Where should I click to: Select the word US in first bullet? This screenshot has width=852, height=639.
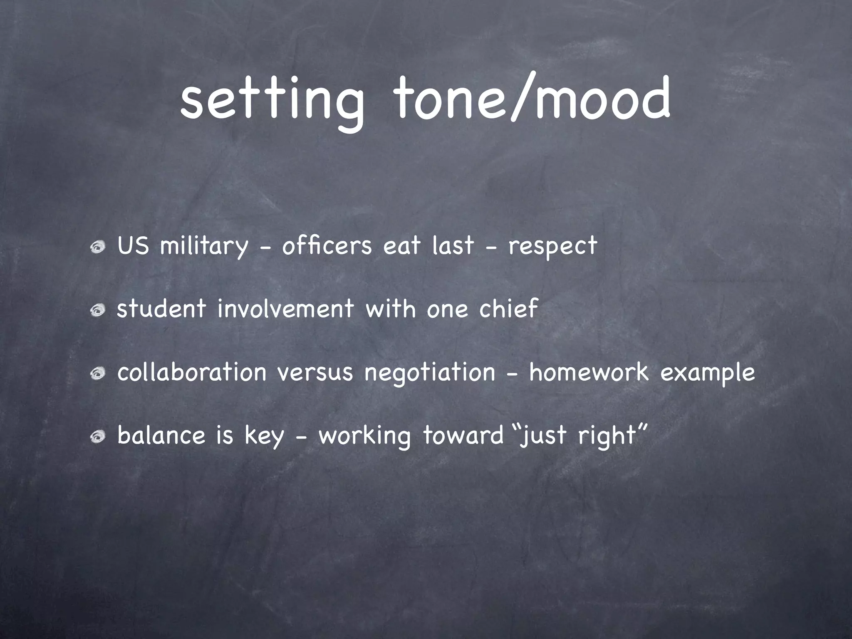133,245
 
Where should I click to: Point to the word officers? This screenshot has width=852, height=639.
327,245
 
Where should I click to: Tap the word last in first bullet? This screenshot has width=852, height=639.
453,245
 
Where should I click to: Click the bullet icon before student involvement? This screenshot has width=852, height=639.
99,310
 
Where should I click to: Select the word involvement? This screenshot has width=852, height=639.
285,309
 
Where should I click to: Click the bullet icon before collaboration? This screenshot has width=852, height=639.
99,374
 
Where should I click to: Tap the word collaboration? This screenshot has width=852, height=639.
192,372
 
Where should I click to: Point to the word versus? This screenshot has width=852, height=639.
315,373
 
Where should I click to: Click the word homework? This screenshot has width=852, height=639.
589,372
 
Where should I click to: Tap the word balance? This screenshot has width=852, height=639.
161,436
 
